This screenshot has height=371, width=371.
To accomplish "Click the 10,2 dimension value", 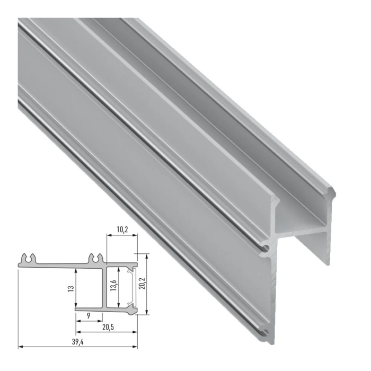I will point(121,229).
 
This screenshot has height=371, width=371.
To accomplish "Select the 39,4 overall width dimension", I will point(78,341).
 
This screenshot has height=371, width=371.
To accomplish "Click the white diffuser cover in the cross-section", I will point(130,287).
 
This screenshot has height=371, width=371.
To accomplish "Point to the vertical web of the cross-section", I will point(105,286).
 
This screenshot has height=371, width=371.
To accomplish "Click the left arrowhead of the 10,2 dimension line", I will point(108,236).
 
